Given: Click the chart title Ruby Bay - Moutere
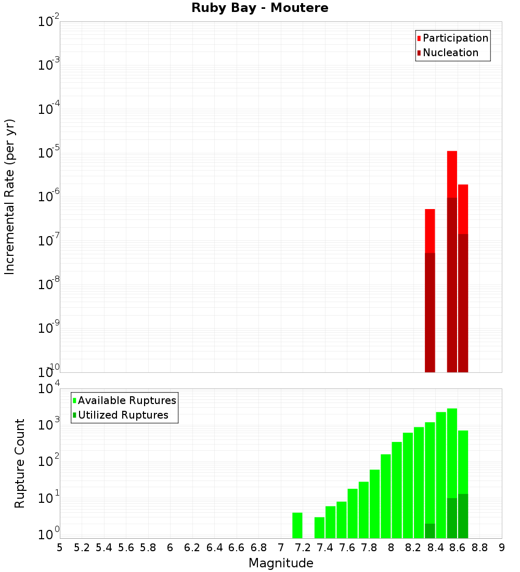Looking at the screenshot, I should (260, 8).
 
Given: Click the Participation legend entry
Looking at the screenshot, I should (456, 38).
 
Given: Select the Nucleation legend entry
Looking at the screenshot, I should (450, 53).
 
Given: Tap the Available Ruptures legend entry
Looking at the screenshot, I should (127, 400).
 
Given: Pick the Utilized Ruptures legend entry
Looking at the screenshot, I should (123, 415).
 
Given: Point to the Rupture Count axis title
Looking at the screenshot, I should (20, 463).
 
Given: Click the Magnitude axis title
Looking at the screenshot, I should (281, 563).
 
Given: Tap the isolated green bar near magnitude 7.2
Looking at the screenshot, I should (297, 525).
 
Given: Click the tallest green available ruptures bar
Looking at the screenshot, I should (452, 452).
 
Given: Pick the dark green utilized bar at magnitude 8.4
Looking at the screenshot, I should (430, 531).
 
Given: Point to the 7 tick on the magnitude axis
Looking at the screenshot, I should (281, 547).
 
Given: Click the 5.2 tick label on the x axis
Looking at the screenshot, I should (82, 547).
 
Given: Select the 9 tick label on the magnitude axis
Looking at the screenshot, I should (502, 547).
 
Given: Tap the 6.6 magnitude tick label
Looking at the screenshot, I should (237, 547).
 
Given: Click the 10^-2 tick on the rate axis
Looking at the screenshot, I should (49, 22).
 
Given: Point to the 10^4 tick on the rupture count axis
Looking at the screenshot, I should (49, 389).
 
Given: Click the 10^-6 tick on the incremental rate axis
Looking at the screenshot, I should (49, 197).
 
